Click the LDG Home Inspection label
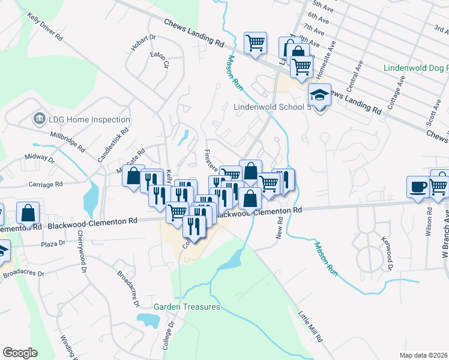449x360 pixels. (x=89, y=119)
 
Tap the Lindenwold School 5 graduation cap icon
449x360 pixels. (x=319, y=95)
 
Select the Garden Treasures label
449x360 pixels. (x=187, y=307)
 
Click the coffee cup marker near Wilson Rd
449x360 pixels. (x=418, y=186)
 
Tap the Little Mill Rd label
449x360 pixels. (x=311, y=325)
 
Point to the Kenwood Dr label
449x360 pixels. (x=385, y=251)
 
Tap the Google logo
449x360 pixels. (x=20, y=353)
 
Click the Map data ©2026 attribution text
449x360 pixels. (x=423, y=355)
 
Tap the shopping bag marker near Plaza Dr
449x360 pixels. (x=28, y=212)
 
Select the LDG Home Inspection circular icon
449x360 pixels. (x=40, y=119)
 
